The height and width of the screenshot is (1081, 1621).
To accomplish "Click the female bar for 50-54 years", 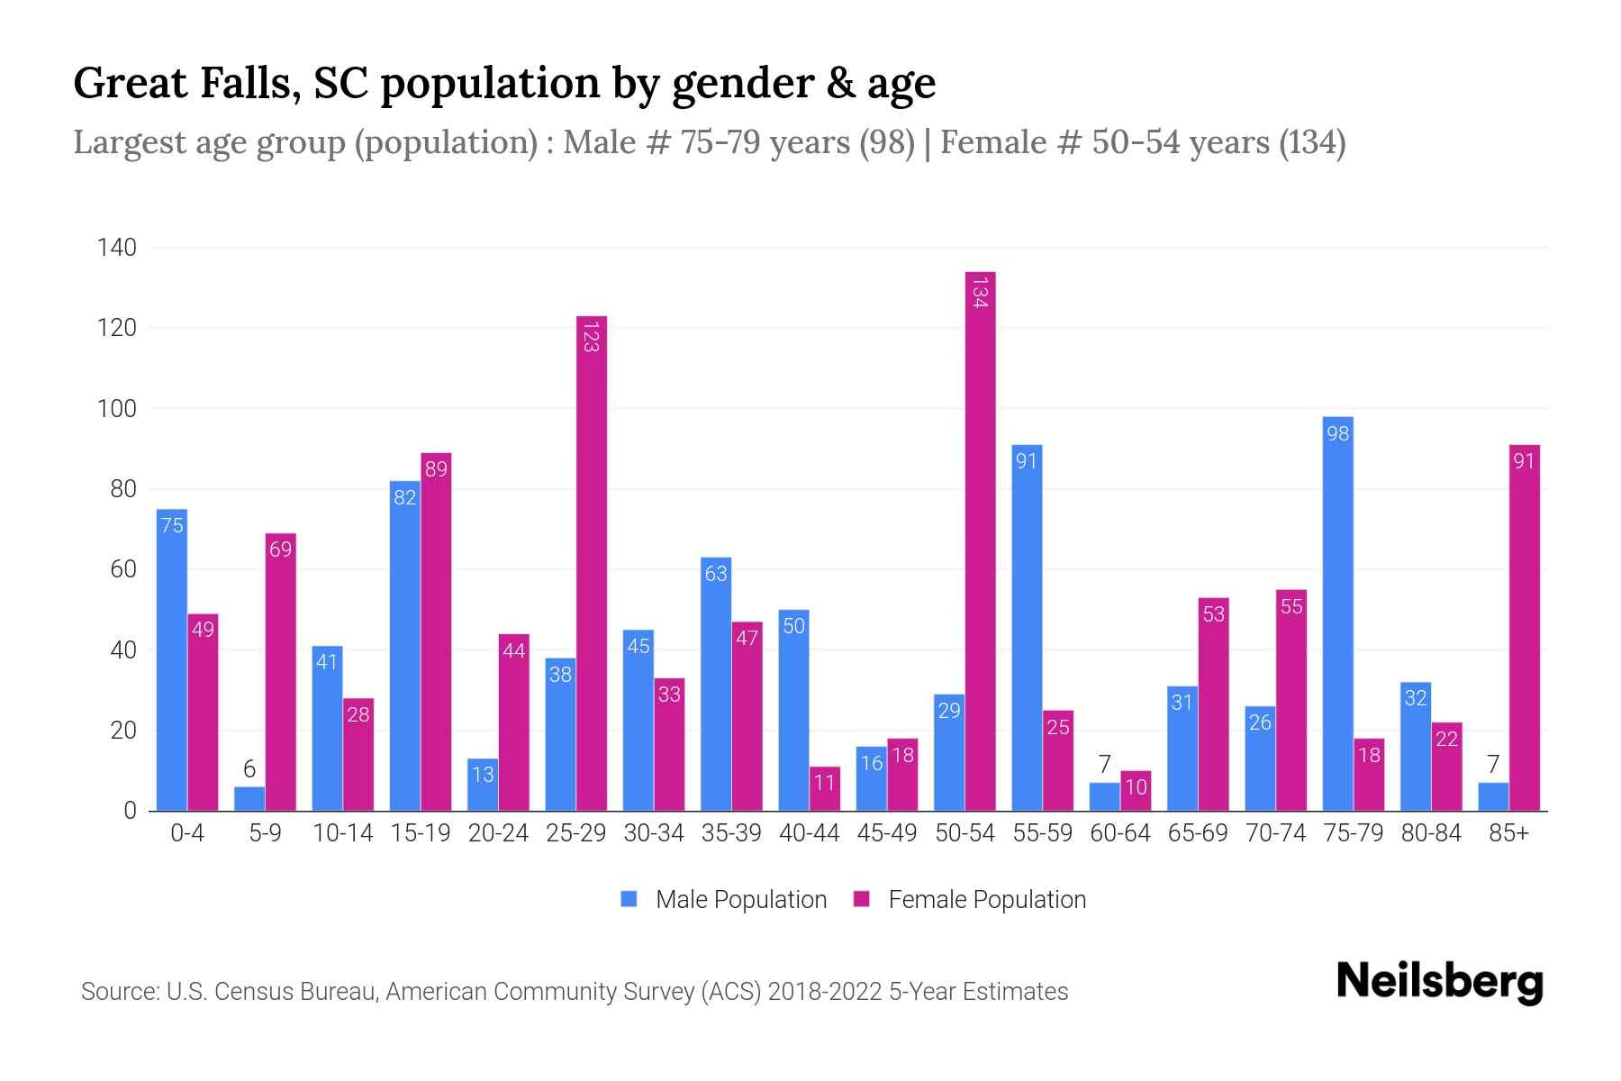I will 981,540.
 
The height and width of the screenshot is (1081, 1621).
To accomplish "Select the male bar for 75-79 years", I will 1337,613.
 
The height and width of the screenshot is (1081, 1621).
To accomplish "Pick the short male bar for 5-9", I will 249,799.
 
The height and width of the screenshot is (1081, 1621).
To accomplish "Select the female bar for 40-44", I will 825,789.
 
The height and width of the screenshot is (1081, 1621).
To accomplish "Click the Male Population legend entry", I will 725,900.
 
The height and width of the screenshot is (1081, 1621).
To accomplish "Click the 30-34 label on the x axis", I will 654,833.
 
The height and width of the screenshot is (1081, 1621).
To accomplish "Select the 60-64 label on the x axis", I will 1120,833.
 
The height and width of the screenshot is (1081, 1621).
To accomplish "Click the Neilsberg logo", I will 1439,982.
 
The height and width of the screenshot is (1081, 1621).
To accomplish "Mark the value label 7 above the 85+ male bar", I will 1493,765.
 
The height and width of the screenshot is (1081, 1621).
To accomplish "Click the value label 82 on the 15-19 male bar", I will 404,497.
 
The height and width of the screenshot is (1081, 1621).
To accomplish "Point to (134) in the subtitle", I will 1312,142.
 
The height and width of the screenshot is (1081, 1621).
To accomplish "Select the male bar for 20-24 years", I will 483,785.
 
